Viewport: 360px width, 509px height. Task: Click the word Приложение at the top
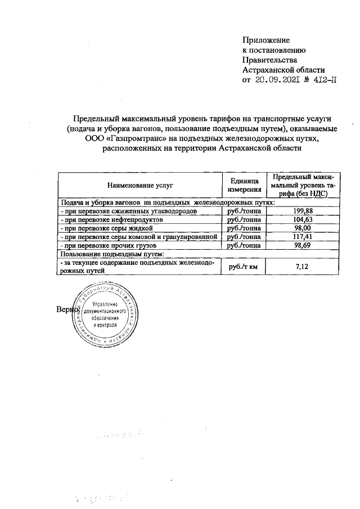265,40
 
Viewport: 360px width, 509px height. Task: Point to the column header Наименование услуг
138,184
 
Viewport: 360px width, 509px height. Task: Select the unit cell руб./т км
242,267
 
